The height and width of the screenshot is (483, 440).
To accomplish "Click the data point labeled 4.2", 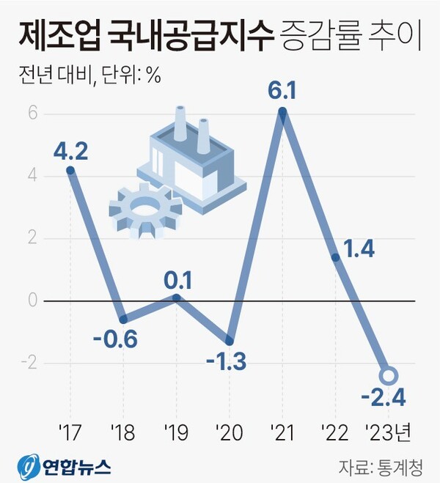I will tap(70, 170).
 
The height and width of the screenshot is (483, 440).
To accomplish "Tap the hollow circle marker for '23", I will tap(389, 375).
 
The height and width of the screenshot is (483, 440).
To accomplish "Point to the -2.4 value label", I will tap(384, 399).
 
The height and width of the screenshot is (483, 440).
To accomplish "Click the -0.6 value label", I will tap(115, 340).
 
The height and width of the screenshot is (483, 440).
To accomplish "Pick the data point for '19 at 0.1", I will tap(176, 297).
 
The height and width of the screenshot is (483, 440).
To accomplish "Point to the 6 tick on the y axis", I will tap(33, 114).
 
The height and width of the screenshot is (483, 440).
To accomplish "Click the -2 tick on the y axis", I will tap(30, 364).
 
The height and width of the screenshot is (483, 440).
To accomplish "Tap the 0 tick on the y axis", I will tap(33, 301).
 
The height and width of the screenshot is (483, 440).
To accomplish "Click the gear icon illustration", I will tap(145, 209).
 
